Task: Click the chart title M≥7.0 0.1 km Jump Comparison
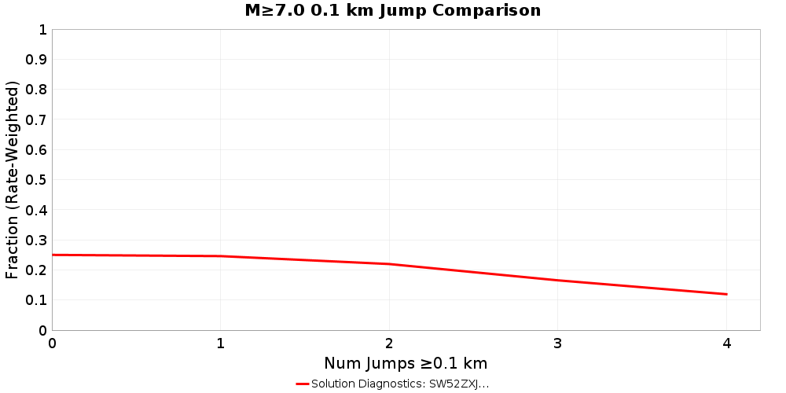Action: [x=392, y=11]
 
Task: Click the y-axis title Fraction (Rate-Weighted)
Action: [x=13, y=180]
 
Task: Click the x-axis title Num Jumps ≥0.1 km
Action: [x=406, y=363]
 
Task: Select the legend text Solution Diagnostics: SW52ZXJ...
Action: [x=399, y=384]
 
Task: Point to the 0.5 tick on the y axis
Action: [x=36, y=180]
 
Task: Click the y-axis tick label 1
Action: [x=42, y=30]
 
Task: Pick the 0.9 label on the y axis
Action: [x=36, y=60]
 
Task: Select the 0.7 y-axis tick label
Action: [x=36, y=120]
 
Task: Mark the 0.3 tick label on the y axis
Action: [x=36, y=241]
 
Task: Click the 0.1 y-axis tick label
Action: [x=36, y=300]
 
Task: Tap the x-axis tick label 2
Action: [x=389, y=343]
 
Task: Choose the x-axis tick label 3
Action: [x=557, y=343]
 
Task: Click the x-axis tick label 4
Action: [x=726, y=343]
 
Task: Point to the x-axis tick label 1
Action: [x=221, y=343]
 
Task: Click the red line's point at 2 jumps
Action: [x=389, y=264]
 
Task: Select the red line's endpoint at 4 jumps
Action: [x=726, y=294]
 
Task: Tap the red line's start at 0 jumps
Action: [x=53, y=255]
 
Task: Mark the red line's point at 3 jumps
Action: [x=557, y=281]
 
